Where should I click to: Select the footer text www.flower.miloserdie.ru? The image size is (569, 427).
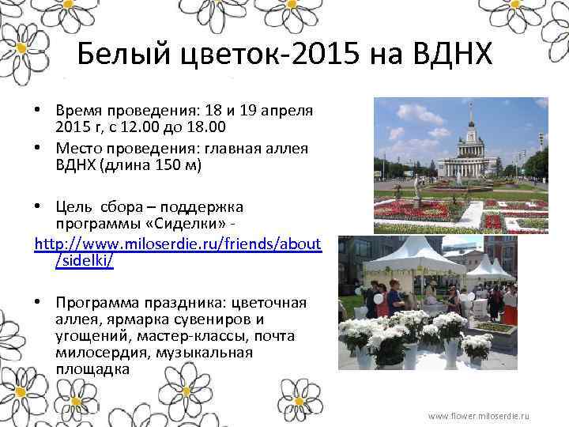478,416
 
